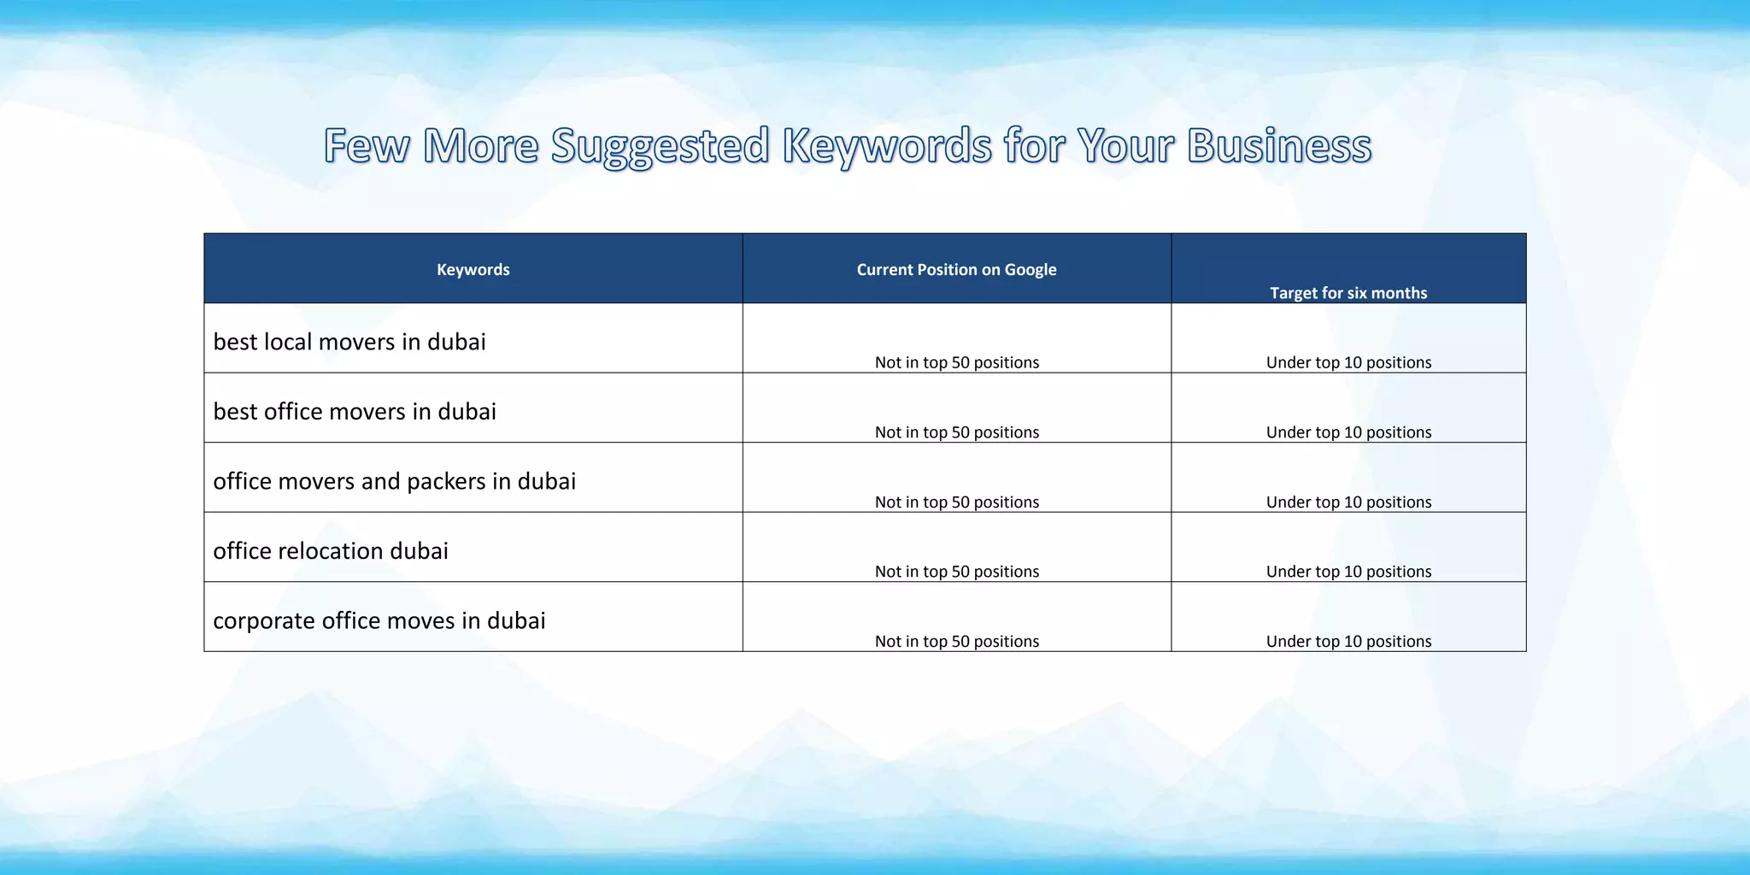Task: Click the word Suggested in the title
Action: point(660,147)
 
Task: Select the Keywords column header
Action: point(473,270)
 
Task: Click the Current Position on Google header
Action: point(956,270)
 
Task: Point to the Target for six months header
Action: point(1348,293)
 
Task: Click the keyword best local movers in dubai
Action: point(349,342)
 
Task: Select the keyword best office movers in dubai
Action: point(354,412)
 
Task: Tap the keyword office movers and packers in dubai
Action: point(394,481)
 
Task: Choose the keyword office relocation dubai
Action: point(330,551)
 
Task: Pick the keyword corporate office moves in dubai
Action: point(379,621)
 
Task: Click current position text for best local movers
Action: point(956,362)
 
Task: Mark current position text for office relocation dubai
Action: point(956,572)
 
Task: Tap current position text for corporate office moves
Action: point(956,642)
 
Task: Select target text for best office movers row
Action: point(1348,432)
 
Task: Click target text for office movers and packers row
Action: point(1348,502)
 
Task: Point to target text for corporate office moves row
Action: point(1348,642)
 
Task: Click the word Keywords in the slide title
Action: point(886,147)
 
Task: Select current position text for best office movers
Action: point(956,432)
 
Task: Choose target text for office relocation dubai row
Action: point(1348,572)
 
